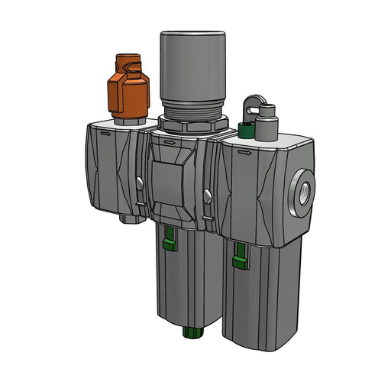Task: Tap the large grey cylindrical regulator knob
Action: pyautogui.click(x=191, y=66)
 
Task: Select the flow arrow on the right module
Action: pyautogui.click(x=244, y=152)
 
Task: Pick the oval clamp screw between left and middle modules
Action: pyautogui.click(x=141, y=183)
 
